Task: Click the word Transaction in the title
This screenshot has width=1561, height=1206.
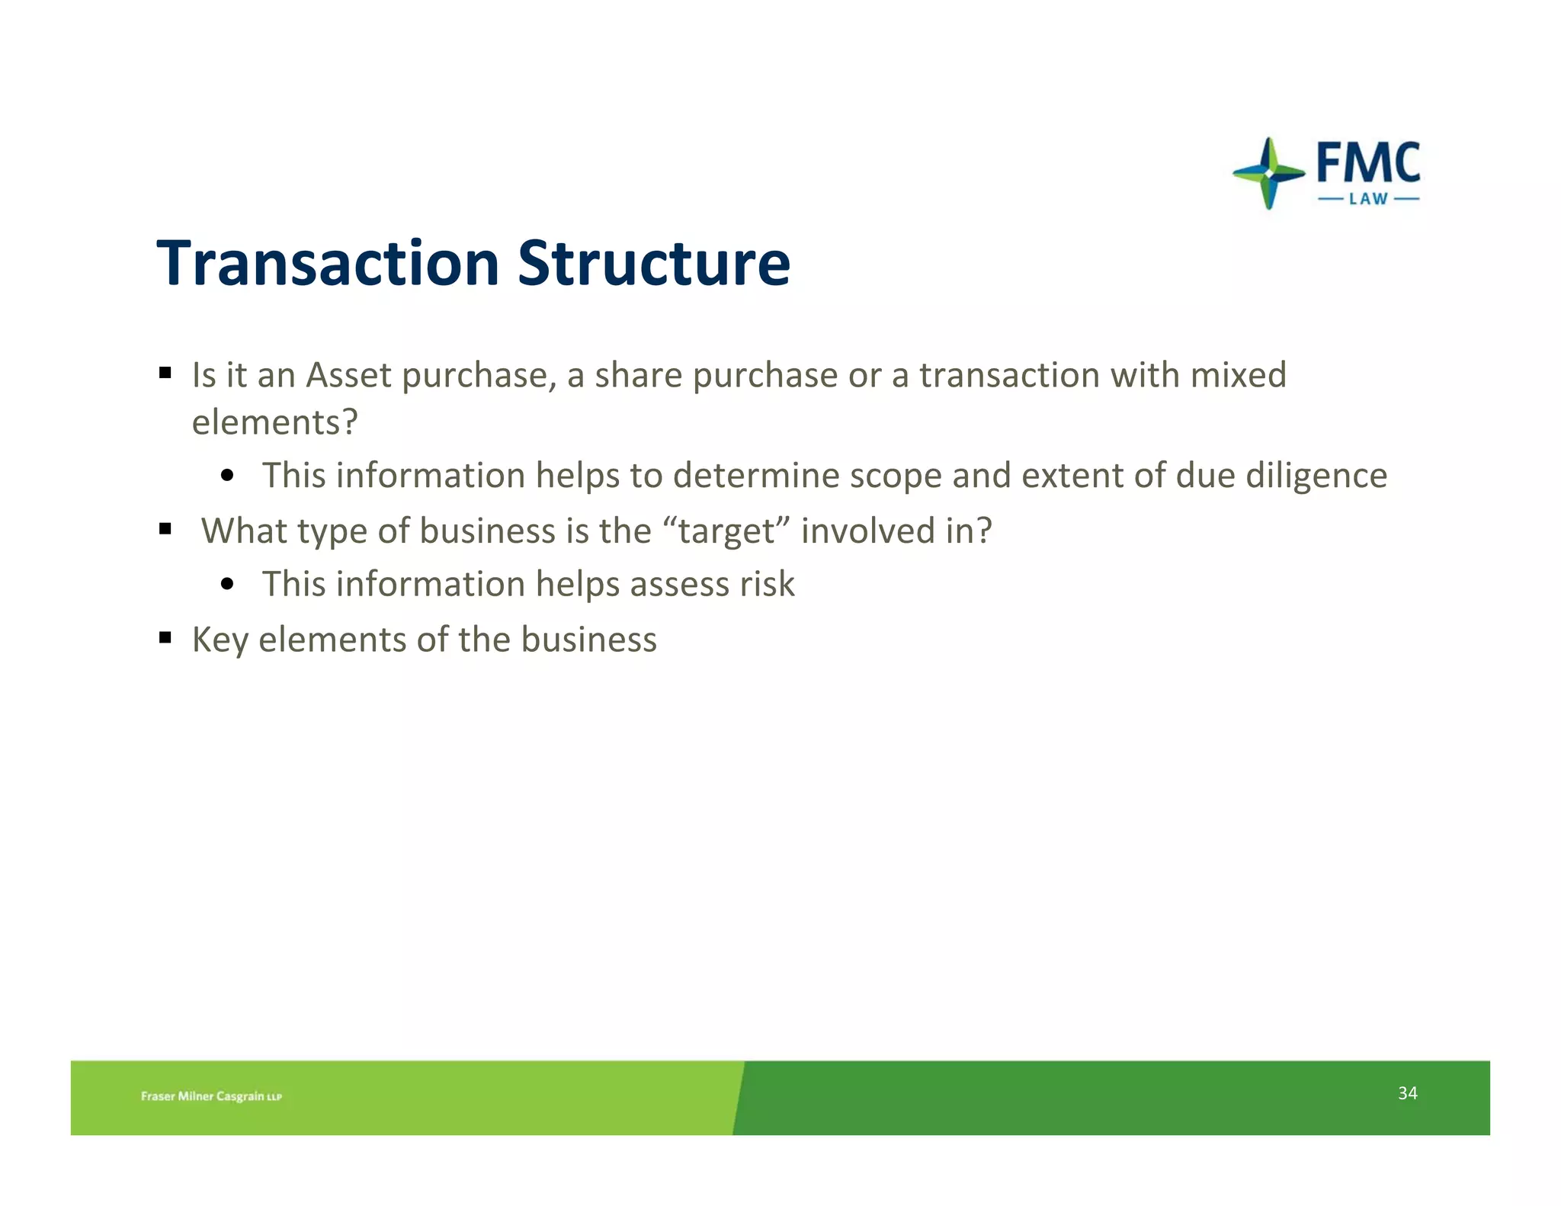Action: tap(328, 263)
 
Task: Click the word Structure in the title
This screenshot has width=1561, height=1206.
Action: tap(654, 263)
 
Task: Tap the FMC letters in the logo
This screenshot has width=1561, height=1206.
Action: tap(1368, 163)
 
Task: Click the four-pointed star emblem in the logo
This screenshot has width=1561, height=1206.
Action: tap(1268, 173)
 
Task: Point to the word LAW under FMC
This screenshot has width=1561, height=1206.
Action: tap(1368, 200)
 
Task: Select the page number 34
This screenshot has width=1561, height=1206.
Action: tap(1407, 1093)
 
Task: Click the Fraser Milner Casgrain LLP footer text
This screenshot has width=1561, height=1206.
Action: tap(211, 1096)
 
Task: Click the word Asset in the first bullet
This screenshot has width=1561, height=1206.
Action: tap(349, 375)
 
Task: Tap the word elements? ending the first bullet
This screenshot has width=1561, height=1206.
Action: tap(274, 422)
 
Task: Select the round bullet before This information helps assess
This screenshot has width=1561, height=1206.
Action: tap(227, 585)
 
